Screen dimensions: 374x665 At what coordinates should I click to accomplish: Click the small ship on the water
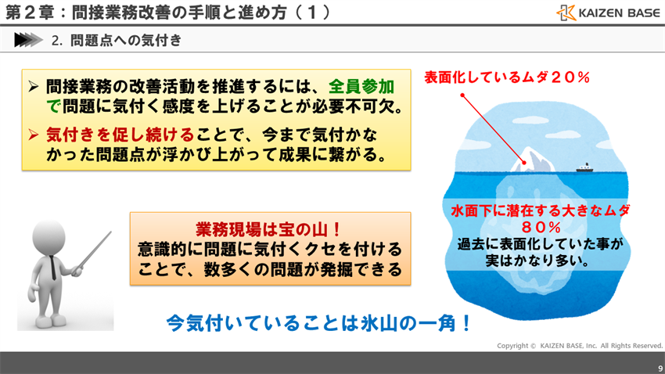click(x=584, y=167)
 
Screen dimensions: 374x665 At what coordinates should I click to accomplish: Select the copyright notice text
click(x=579, y=345)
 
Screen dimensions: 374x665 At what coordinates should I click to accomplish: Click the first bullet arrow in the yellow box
click(x=34, y=86)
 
